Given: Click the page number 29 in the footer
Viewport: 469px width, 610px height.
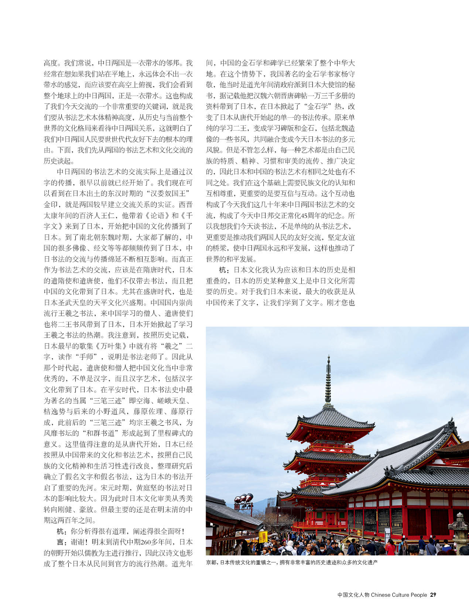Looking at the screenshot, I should coord(433,595).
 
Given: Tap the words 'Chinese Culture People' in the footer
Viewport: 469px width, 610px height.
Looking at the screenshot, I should coord(399,595).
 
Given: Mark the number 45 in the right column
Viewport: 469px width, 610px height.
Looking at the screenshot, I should coord(305,215).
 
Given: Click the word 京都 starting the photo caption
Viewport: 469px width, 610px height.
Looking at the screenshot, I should coord(211,562).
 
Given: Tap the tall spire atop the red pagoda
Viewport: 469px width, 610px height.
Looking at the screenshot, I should coord(328,380).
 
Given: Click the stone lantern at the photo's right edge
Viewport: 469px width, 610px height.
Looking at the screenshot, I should coord(459,531).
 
